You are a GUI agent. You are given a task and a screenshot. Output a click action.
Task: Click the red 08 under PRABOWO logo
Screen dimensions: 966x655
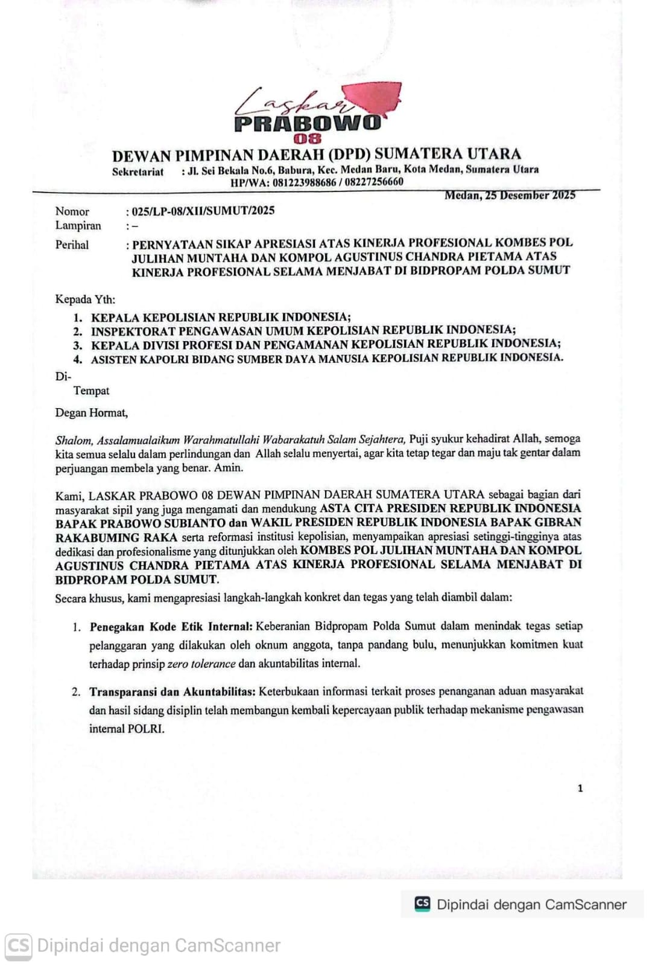click(308, 139)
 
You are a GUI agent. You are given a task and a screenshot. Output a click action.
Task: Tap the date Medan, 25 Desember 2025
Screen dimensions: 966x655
click(510, 195)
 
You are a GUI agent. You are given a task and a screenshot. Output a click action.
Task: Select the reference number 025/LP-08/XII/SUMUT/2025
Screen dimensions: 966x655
click(203, 211)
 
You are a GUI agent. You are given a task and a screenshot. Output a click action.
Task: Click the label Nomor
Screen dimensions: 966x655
click(72, 211)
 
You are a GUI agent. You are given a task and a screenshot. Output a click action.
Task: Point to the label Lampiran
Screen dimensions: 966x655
click(78, 226)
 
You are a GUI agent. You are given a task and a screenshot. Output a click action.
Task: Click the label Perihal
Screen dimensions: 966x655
click(72, 245)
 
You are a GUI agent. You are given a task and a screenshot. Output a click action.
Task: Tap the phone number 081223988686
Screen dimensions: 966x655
click(304, 182)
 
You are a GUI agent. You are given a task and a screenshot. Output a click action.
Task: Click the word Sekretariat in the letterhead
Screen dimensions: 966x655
click(138, 172)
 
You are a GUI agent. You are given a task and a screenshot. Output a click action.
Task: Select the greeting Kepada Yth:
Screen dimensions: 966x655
click(85, 299)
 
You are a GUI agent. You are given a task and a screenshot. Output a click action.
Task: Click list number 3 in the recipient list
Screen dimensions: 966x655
click(78, 346)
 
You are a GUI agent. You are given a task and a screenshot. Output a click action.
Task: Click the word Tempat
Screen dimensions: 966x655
click(91, 391)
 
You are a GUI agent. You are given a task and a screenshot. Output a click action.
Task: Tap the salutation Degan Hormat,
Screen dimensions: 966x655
click(91, 414)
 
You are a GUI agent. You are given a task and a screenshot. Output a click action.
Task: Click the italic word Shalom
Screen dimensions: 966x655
click(74, 440)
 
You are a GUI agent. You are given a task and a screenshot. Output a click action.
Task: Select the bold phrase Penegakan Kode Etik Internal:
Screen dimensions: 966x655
click(171, 627)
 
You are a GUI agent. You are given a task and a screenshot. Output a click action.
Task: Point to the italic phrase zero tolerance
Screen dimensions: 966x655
click(201, 664)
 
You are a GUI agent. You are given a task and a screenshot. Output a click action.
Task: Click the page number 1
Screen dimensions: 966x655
click(580, 788)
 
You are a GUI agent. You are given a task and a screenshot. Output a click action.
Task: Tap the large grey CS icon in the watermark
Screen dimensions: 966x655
click(18, 945)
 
